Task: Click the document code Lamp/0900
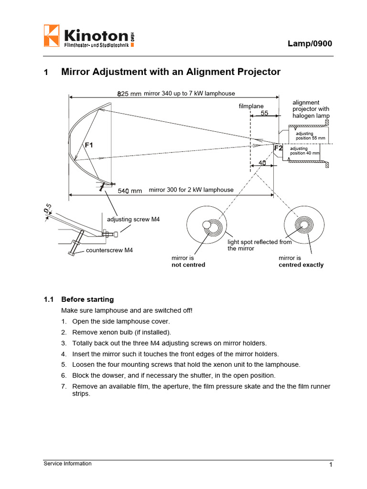tap(309, 43)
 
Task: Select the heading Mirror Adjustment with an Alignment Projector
tap(171, 72)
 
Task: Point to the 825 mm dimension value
tap(130, 94)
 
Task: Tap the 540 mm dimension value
tap(130, 191)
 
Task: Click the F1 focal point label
tap(89, 145)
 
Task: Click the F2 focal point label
tap(278, 149)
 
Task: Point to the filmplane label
tap(251, 106)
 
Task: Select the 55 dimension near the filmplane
tap(264, 113)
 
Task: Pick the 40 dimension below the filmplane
tap(262, 163)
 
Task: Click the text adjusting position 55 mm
tap(310, 136)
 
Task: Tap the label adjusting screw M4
tap(133, 219)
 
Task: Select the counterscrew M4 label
tap(109, 250)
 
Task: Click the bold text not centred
tap(188, 265)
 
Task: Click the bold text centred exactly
tap(301, 265)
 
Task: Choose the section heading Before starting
tap(87, 299)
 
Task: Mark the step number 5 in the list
tap(64, 364)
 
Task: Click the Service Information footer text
tap(67, 463)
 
